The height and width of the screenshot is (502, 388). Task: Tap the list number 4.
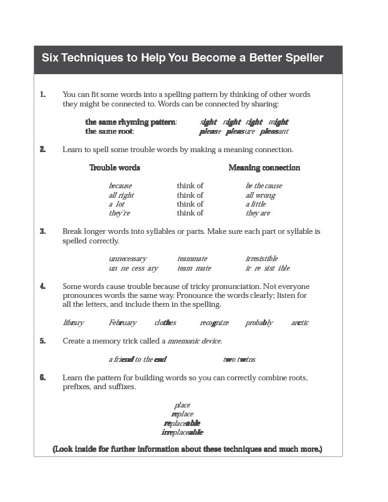tap(42, 286)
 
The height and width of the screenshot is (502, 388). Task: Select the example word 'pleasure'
tap(240, 131)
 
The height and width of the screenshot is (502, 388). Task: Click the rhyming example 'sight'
tap(209, 122)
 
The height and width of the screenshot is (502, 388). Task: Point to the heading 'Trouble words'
tap(115, 167)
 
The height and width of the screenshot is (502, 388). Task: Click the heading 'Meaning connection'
tap(264, 167)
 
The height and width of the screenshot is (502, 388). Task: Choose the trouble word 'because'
tap(120, 186)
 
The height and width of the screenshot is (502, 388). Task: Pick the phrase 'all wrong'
tap(261, 195)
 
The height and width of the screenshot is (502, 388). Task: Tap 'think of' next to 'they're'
tap(190, 213)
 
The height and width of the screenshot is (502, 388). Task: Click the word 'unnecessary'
tap(127, 259)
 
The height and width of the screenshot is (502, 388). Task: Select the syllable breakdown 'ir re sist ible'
tap(268, 268)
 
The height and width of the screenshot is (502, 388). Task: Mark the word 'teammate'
tap(192, 259)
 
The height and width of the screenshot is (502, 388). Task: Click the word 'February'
tap(122, 323)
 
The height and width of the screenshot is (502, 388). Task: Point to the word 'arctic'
tap(300, 323)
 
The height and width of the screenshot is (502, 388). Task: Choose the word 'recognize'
tap(214, 323)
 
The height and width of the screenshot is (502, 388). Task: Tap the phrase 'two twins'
tap(240, 359)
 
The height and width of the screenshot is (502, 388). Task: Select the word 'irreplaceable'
tap(183, 432)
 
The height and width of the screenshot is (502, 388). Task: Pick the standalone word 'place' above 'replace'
tap(183, 405)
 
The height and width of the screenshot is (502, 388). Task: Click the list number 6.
tap(42, 377)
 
